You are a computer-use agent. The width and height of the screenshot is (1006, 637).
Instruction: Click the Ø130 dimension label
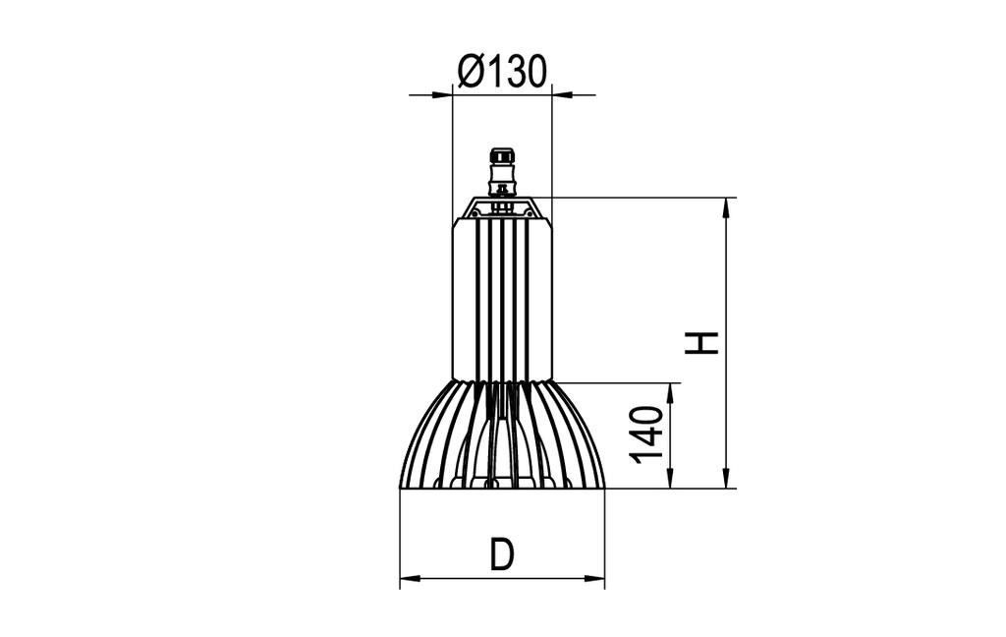501,72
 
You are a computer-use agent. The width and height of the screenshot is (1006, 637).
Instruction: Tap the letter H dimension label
702,342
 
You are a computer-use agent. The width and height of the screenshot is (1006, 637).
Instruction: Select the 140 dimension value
647,434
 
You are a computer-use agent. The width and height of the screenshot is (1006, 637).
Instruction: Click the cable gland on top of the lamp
502,167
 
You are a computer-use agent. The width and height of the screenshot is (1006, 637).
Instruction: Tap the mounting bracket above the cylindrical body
502,207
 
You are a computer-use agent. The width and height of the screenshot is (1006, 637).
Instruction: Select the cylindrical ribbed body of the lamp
502,300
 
